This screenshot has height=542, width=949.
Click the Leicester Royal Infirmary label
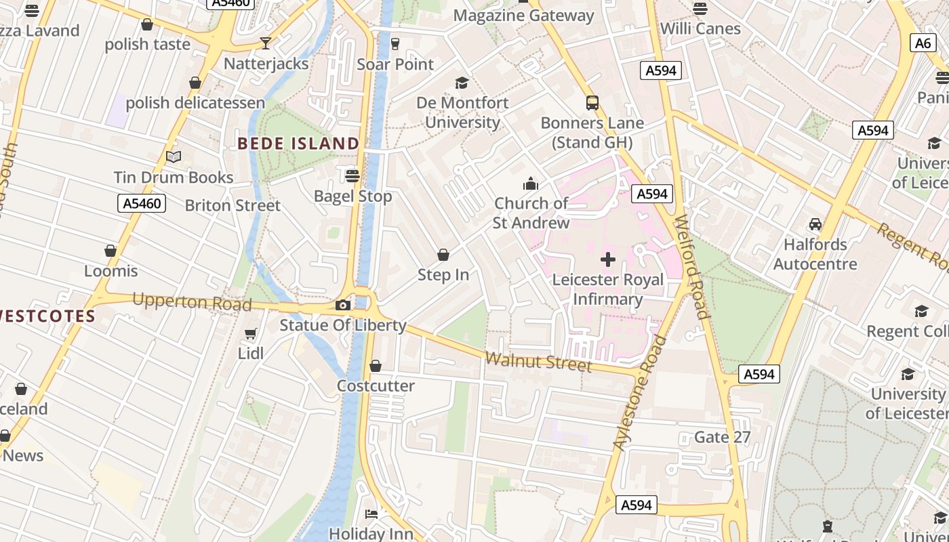click(x=608, y=289)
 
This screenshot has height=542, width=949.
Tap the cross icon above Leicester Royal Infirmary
click(x=608, y=259)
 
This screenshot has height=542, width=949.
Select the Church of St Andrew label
click(x=531, y=213)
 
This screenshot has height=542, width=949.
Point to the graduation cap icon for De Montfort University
click(x=462, y=83)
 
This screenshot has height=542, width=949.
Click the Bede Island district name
click(x=298, y=144)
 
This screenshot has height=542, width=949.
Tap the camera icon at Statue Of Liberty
click(x=343, y=305)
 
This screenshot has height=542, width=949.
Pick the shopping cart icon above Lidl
click(x=251, y=333)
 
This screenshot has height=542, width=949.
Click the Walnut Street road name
click(x=540, y=362)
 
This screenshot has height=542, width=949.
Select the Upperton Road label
click(x=192, y=301)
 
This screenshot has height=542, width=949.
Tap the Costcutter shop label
click(x=376, y=386)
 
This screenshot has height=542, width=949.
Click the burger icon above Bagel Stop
click(x=352, y=175)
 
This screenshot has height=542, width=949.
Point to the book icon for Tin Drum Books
click(x=174, y=157)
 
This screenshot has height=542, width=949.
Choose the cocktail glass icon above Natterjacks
click(x=266, y=43)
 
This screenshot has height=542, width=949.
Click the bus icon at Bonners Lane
click(x=592, y=103)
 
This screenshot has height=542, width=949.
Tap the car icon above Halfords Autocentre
click(x=815, y=224)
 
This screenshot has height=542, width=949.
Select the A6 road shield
click(x=923, y=43)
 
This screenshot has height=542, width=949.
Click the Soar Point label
click(x=395, y=64)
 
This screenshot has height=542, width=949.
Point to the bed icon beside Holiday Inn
click(x=371, y=514)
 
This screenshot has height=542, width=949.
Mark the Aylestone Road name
click(x=640, y=394)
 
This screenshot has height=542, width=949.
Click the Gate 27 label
click(x=723, y=437)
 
